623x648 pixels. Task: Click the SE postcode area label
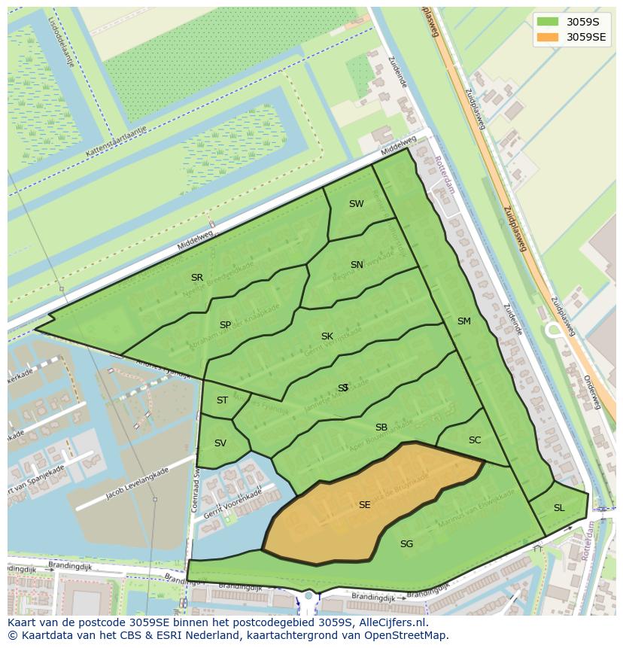[364, 505]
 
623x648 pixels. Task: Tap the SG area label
[406, 544]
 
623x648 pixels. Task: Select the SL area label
[559, 508]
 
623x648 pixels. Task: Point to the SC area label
[474, 440]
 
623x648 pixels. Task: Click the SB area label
[381, 427]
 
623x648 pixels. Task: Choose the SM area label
[463, 321]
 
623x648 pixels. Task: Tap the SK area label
[327, 336]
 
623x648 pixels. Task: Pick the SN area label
[357, 265]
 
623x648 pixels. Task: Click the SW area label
[356, 204]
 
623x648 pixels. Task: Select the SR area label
[197, 278]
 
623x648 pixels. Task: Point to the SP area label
[225, 325]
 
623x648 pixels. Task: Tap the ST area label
[222, 400]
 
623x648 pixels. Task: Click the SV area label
[220, 443]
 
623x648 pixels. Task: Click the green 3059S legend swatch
[548, 21]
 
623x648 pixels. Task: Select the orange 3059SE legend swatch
[548, 37]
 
